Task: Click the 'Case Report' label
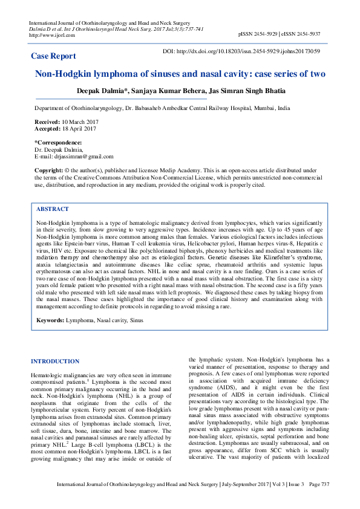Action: pyautogui.click(x=54, y=56)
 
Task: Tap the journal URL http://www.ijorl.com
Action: pyautogui.click(x=52, y=35)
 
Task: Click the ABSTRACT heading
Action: pyautogui.click(x=53, y=209)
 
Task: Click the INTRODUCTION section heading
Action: pyautogui.click(x=55, y=361)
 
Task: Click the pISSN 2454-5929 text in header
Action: pyautogui.click(x=258, y=35)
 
